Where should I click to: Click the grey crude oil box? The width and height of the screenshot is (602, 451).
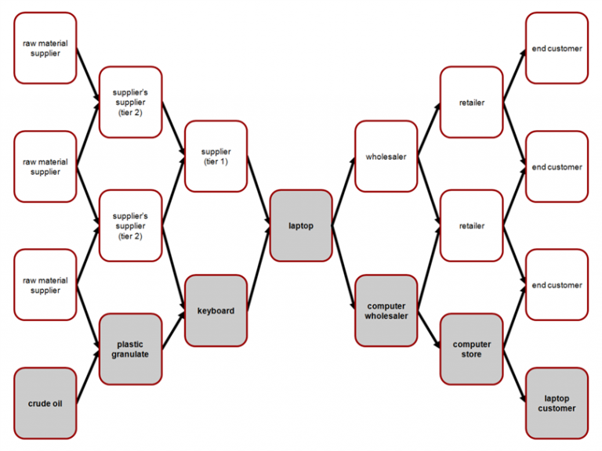coord(45,403)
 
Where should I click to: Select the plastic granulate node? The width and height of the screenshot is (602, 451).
coord(131,349)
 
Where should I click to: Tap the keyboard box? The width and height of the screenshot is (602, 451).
coord(216,311)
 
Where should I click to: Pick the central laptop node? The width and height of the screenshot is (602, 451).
coord(301,225)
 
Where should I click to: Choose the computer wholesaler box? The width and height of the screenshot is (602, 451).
coord(386,311)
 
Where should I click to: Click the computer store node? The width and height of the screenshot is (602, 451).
coord(471,349)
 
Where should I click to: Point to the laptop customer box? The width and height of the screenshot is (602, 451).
coord(557,403)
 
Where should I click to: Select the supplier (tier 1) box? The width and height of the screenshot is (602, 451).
coord(216,156)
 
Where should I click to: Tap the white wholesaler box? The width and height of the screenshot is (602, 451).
coord(386,156)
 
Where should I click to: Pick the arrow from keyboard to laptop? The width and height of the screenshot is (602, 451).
coord(259,268)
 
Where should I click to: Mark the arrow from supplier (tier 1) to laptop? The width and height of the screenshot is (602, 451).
coord(259,190)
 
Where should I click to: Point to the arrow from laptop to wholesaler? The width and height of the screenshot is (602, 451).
coord(343,190)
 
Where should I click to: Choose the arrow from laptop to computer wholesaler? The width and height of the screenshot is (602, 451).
coord(343,268)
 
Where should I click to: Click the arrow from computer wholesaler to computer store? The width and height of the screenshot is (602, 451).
coord(430,330)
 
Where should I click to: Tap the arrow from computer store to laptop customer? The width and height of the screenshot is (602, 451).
coord(514,376)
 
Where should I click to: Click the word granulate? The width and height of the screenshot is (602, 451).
coord(130,355)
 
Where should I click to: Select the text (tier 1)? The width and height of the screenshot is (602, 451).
coord(216,161)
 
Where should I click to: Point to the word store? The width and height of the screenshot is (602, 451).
coord(471,355)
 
